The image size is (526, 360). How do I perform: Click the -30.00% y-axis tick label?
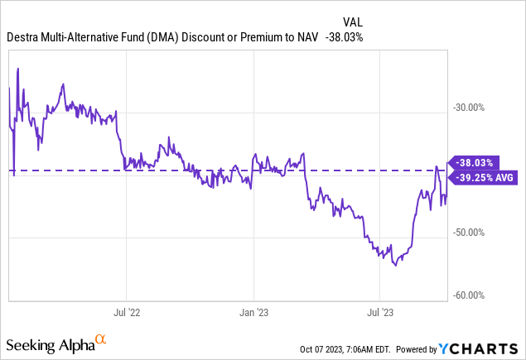pos(472,108)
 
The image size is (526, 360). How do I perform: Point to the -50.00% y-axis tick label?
pos(472,233)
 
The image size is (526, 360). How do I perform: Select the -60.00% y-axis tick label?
pos(472,295)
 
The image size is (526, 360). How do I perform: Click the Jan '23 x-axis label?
pos(253,313)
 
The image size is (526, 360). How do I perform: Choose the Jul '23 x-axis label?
pos(379,313)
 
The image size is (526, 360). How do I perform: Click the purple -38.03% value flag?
pos(475,163)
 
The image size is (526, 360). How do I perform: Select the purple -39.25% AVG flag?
pos(485,177)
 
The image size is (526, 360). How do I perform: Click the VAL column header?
pos(353,22)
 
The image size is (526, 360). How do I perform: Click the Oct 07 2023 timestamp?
pos(328,348)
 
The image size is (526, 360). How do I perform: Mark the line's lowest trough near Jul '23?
pos(396,265)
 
